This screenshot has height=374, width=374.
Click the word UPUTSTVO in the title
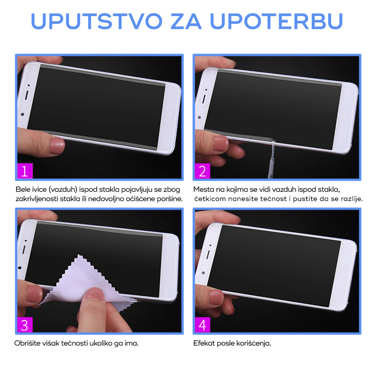click(x=97, y=21)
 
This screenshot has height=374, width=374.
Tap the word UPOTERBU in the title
click(x=276, y=21)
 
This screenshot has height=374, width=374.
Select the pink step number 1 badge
click(x=25, y=171)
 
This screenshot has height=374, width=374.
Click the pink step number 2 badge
click(x=202, y=171)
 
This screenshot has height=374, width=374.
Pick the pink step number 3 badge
click(x=25, y=324)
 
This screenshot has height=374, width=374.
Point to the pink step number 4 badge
click(x=202, y=324)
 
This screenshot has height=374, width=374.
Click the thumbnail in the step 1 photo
click(x=57, y=145)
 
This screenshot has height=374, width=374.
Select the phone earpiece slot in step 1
click(x=26, y=95)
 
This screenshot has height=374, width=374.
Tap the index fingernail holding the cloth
click(x=94, y=293)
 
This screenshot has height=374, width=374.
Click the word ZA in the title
click(x=186, y=21)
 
